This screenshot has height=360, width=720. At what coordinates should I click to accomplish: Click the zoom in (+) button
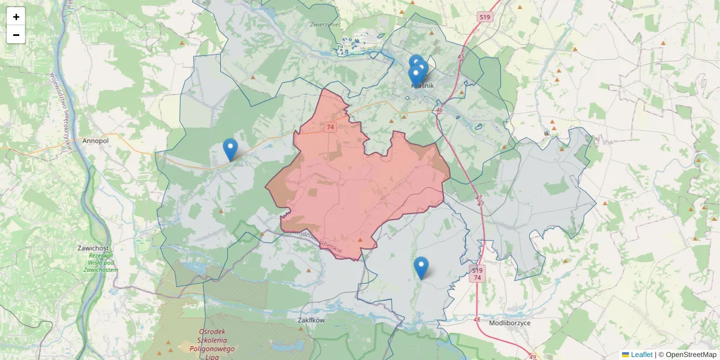(16, 17)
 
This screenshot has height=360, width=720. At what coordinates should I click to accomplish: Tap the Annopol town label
(95, 141)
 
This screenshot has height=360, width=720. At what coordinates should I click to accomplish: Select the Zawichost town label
(93, 248)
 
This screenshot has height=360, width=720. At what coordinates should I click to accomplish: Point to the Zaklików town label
(311, 320)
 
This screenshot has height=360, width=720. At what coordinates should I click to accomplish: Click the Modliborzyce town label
(510, 323)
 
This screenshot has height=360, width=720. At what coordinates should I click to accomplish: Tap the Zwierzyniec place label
(326, 25)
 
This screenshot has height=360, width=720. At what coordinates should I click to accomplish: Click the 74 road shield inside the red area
(330, 127)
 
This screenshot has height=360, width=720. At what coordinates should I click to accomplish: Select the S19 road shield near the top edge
(485, 17)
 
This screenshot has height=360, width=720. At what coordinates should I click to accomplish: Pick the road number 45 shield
(461, 57)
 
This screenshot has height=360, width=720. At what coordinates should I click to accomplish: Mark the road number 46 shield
(439, 110)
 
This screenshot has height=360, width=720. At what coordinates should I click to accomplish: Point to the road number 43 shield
(477, 319)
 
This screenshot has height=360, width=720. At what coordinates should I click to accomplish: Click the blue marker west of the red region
(230, 149)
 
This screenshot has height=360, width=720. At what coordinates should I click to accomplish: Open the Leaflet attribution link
(641, 355)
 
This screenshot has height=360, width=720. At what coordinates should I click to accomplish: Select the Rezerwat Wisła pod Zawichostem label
(100, 262)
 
